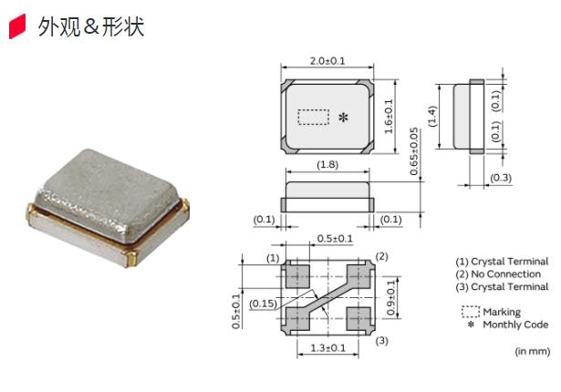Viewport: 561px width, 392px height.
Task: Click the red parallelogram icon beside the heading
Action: point(16,27)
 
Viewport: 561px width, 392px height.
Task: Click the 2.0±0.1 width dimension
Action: point(327,61)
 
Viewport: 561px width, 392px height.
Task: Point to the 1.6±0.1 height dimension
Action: point(389,116)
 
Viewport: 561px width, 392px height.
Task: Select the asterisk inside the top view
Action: point(343,118)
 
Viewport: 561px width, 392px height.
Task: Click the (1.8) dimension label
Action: point(328,165)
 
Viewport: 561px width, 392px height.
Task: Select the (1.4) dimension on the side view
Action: point(434,116)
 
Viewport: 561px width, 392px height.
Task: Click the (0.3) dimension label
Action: point(500,178)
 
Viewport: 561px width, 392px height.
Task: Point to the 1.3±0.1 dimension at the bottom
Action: point(328,348)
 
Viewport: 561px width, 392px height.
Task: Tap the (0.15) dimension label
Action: point(265,303)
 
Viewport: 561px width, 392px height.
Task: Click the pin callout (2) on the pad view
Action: point(382,256)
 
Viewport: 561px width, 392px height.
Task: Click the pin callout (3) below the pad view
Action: point(382,340)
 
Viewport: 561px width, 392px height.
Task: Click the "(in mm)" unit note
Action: point(532,351)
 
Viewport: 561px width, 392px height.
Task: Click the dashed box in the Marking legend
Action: point(470,312)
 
